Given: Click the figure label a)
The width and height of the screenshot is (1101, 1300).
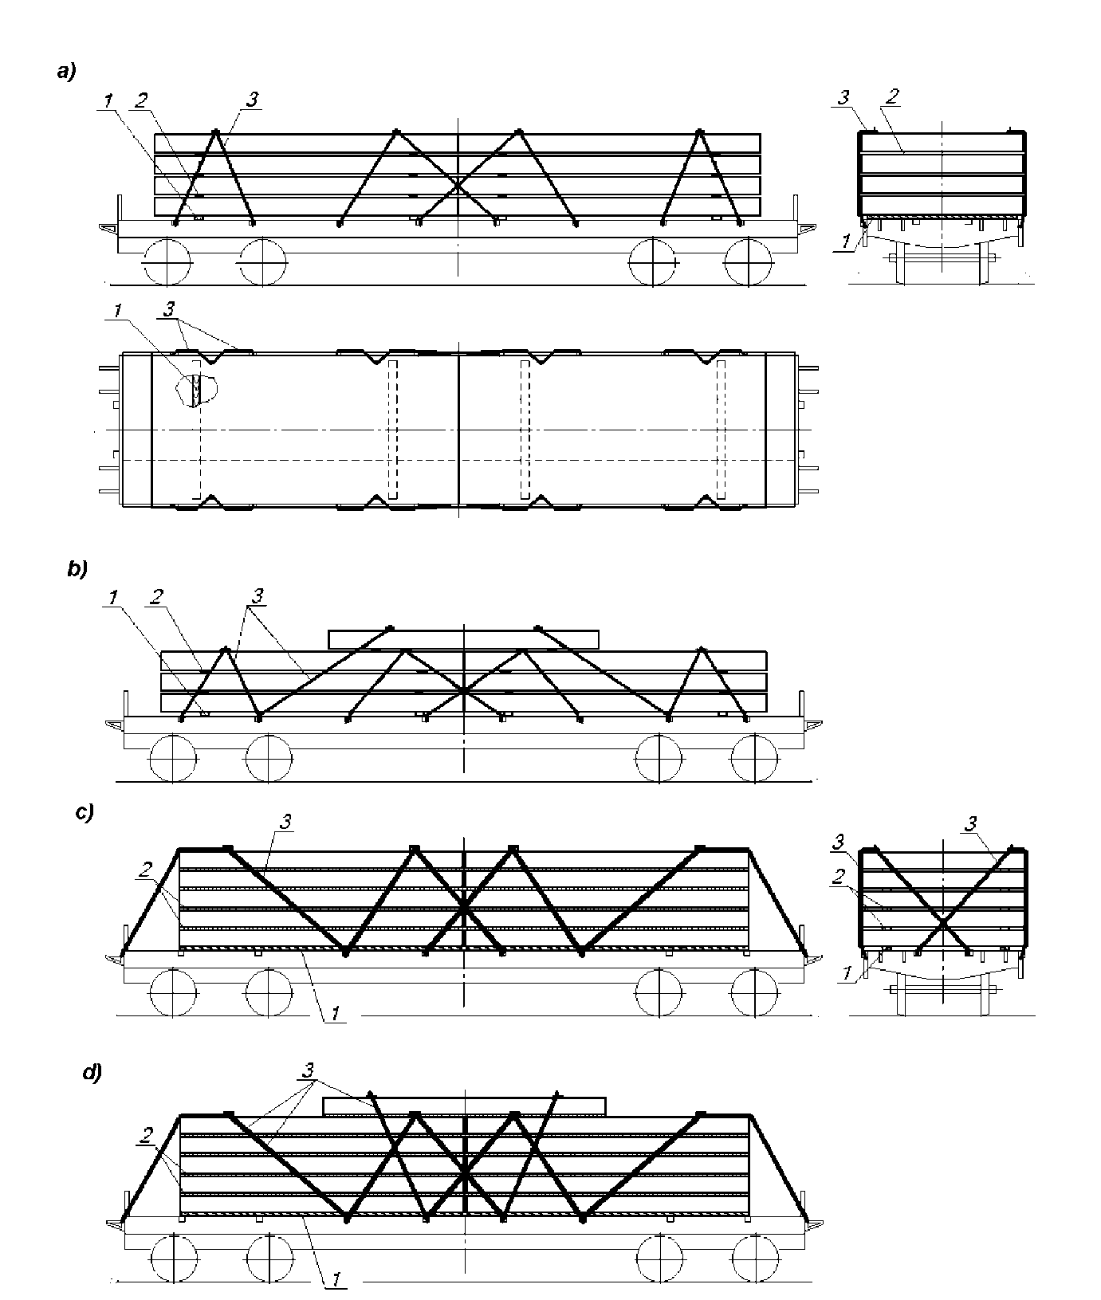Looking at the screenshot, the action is [x=65, y=73].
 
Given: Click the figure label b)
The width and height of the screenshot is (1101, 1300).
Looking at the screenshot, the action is [x=77, y=570].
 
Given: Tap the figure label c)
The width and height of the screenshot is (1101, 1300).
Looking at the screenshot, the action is [x=85, y=813].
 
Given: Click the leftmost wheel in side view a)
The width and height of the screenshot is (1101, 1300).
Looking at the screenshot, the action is [x=167, y=261].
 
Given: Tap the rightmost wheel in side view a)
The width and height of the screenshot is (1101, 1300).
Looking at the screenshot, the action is [x=749, y=261].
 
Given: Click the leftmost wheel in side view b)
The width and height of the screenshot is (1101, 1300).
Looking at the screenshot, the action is [x=173, y=758].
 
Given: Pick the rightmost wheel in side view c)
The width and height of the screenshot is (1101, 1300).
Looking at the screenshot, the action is [x=755, y=992].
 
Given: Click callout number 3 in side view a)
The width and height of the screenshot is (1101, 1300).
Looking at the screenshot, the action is [x=252, y=100].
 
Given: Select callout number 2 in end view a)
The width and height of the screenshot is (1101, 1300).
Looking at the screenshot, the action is [x=893, y=96].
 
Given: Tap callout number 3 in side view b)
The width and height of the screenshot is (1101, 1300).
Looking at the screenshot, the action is [x=258, y=595].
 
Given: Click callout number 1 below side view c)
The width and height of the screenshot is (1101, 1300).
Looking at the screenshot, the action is [x=336, y=1012].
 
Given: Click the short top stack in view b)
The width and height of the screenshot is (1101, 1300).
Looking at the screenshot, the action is [x=463, y=638].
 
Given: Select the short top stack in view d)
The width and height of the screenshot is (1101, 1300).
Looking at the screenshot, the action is [x=464, y=1106].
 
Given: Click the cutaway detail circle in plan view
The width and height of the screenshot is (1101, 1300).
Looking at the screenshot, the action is [x=195, y=390].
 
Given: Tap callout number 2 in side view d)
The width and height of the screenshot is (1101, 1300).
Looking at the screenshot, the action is [x=147, y=1133].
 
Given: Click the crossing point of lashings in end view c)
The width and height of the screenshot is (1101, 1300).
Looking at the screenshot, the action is [x=943, y=923].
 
